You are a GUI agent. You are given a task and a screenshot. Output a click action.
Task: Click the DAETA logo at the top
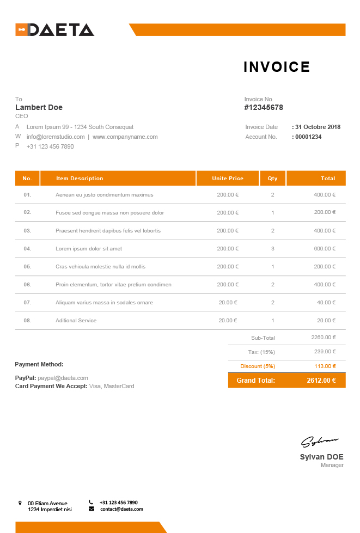(54, 30)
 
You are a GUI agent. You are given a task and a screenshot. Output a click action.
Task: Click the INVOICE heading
(277, 67)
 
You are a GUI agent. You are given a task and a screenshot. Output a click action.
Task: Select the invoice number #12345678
(264, 108)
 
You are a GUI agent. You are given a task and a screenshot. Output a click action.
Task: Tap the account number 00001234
(308, 137)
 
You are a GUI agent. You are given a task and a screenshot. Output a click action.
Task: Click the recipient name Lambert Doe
(39, 107)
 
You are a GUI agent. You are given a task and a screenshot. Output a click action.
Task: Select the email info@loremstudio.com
(56, 137)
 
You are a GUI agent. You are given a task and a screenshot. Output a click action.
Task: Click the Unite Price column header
(228, 179)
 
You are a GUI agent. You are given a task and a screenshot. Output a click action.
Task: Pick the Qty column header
(272, 179)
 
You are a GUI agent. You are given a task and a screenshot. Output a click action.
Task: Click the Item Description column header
(80, 179)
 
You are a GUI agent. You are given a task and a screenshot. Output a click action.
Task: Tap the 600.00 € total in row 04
(325, 249)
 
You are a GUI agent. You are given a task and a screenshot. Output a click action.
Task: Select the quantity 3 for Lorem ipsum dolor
(272, 249)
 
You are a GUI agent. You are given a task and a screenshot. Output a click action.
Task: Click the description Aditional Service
(76, 321)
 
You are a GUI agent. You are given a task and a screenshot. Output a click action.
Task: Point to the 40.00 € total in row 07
(326, 303)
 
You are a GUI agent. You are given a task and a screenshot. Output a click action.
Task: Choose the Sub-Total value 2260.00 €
(323, 338)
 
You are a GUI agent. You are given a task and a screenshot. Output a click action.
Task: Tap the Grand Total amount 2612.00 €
(321, 381)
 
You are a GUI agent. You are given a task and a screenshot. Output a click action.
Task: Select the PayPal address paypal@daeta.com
(63, 378)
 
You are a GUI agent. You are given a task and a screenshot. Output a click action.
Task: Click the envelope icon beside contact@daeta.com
(91, 509)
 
